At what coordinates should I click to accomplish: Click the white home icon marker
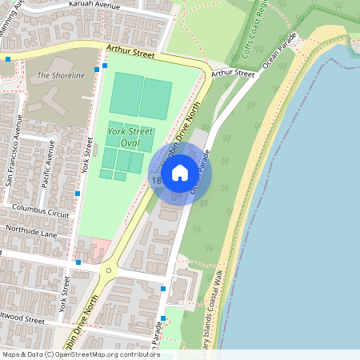(180, 172)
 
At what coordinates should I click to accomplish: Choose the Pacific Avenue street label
(47, 164)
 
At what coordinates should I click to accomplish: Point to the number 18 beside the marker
(155, 181)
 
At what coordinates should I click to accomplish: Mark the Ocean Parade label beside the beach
(274, 51)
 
